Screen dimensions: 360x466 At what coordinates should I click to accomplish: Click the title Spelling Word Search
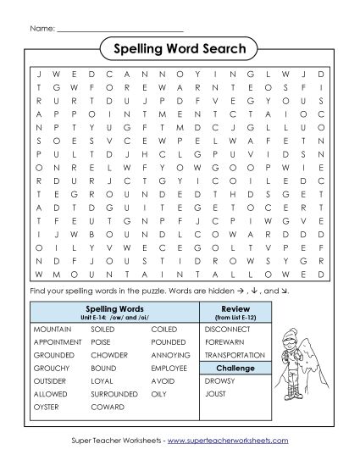(x=179, y=49)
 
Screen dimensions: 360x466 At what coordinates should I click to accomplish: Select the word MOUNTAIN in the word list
(x=51, y=327)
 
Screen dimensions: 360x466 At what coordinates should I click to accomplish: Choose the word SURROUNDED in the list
(x=114, y=393)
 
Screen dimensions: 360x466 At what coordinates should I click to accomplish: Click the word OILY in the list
(x=158, y=393)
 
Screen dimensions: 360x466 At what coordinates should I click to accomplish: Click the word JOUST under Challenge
(x=217, y=393)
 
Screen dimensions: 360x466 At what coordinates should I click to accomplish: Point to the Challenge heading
(x=235, y=369)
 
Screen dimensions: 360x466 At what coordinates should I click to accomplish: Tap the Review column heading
(x=235, y=308)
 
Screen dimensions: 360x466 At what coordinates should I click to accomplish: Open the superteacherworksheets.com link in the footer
(x=229, y=441)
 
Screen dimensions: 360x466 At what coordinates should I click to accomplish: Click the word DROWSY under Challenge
(x=219, y=381)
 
